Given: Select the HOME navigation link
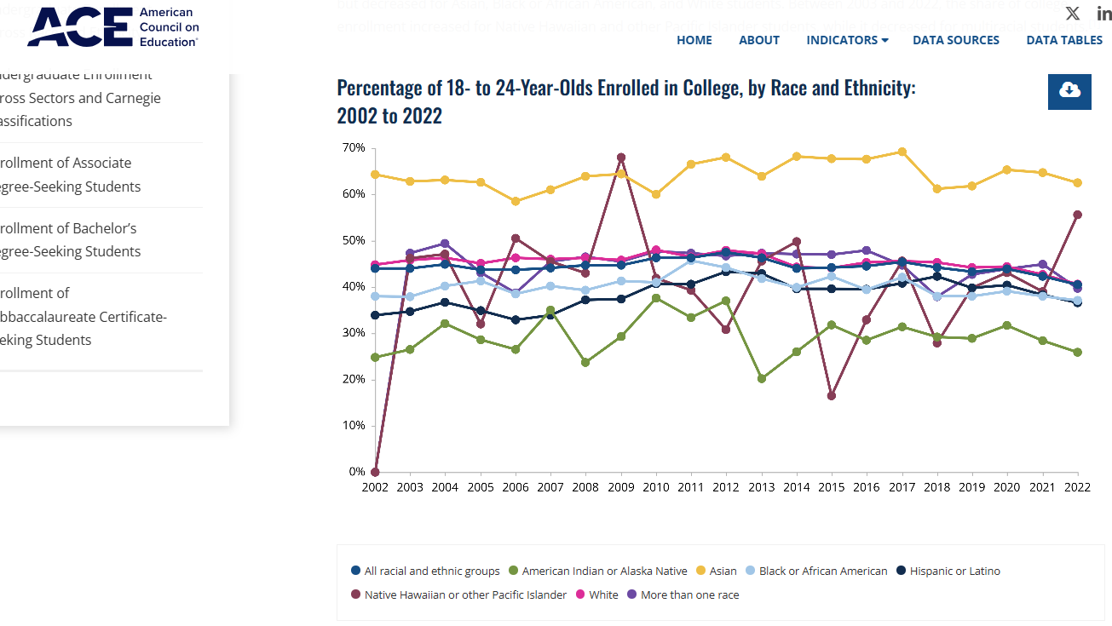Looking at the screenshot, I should tap(694, 40).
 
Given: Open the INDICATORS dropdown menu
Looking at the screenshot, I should tap(846, 40).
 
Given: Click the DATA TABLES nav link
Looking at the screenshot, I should tap(1063, 40).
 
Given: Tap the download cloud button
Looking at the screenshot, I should tap(1069, 91).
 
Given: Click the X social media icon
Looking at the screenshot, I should tap(1072, 14).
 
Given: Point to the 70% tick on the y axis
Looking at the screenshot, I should tap(354, 148).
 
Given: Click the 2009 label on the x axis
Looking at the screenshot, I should tap(620, 487).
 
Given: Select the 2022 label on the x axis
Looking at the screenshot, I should tap(1077, 487).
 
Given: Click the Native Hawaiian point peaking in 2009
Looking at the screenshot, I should tap(621, 158).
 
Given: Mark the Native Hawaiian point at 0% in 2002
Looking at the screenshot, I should tap(375, 472).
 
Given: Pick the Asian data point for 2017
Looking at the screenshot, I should tap(902, 152).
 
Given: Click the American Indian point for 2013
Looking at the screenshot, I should tap(762, 378).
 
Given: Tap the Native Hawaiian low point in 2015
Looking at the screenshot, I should tap(832, 396).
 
